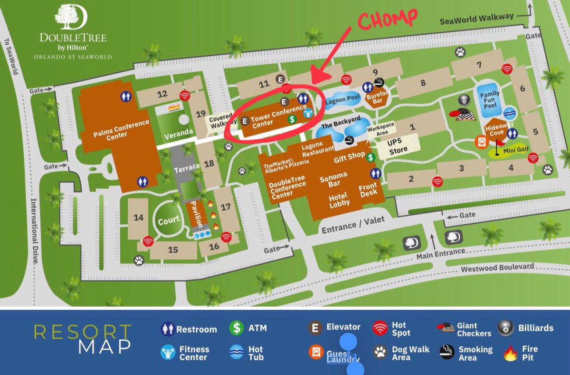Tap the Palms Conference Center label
tap(115, 128)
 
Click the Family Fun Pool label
tap(489, 100)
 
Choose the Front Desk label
tap(368, 189)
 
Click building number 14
tap(138, 217)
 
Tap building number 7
tap(479, 65)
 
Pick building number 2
tap(411, 179)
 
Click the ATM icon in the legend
tap(236, 328)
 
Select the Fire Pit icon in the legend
tap(510, 354)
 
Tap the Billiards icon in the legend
tap(505, 328)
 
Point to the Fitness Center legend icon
tap(168, 353)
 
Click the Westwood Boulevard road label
tap(497, 267)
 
